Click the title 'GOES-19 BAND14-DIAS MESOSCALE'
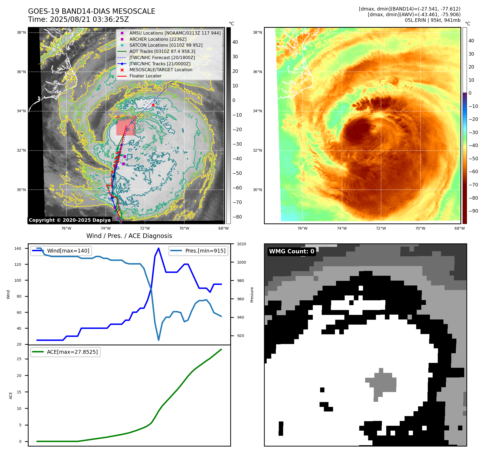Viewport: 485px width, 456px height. pyautogui.click(x=91, y=11)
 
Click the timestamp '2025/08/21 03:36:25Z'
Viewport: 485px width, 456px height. pyautogui.click(x=89, y=19)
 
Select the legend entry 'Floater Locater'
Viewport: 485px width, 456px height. pyautogui.click(x=145, y=76)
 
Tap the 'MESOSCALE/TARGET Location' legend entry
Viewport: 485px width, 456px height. pyautogui.click(x=161, y=70)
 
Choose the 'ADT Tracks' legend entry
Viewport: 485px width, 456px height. pyautogui.click(x=162, y=51)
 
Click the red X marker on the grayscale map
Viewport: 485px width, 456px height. pyautogui.click(x=153, y=105)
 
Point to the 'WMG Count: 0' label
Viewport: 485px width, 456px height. pyautogui.click(x=291, y=251)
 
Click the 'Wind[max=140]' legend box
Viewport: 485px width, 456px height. pyautogui.click(x=61, y=251)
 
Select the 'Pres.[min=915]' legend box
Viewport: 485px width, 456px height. pyautogui.click(x=198, y=251)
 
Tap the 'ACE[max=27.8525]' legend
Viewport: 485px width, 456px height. pyautogui.click(x=65, y=352)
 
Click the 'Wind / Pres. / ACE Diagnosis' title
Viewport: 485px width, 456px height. pyautogui.click(x=129, y=236)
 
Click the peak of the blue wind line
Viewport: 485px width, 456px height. pyautogui.click(x=158, y=248)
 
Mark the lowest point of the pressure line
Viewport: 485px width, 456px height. pyautogui.click(x=158, y=340)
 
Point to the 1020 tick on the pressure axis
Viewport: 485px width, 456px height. pyautogui.click(x=241, y=244)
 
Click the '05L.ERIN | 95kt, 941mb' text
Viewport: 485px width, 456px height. pyautogui.click(x=432, y=20)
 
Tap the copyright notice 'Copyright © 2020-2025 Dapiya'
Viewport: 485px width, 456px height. pyautogui.click(x=70, y=220)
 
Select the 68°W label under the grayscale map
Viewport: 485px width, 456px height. pyautogui.click(x=223, y=228)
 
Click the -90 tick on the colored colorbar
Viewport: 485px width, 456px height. pyautogui.click(x=473, y=211)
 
